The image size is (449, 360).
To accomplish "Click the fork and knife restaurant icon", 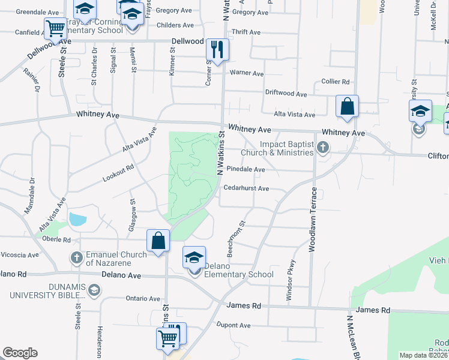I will [x=217, y=49].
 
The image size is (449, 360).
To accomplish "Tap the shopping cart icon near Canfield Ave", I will [x=55, y=28].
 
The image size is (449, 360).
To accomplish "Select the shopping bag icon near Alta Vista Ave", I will [x=347, y=106].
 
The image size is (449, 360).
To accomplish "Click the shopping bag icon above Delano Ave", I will [x=157, y=241].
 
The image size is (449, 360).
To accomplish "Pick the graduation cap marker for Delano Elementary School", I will [x=194, y=257].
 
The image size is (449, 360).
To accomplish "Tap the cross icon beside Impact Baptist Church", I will [x=323, y=147].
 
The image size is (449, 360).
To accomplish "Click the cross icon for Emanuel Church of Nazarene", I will [x=76, y=259].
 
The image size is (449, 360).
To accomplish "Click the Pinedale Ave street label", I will [x=246, y=170].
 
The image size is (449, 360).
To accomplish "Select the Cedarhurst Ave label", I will [x=246, y=188].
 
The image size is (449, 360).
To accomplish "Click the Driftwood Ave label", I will [x=286, y=94].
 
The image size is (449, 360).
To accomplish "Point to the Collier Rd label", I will [x=336, y=82].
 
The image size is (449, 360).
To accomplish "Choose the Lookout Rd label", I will [x=118, y=173].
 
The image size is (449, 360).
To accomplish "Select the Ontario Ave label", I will [x=143, y=298].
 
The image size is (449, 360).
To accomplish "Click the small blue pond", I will [x=77, y=219].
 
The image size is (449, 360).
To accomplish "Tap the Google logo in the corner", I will [x=20, y=353].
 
